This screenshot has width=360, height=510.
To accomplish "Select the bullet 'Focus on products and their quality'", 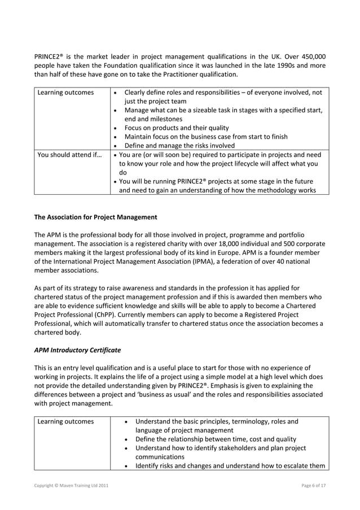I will [176, 128].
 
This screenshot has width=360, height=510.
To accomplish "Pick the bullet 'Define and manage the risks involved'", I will [179, 145].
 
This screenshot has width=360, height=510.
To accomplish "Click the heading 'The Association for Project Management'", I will [96, 216].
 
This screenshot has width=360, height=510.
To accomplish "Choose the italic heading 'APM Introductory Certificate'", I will [77, 350].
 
